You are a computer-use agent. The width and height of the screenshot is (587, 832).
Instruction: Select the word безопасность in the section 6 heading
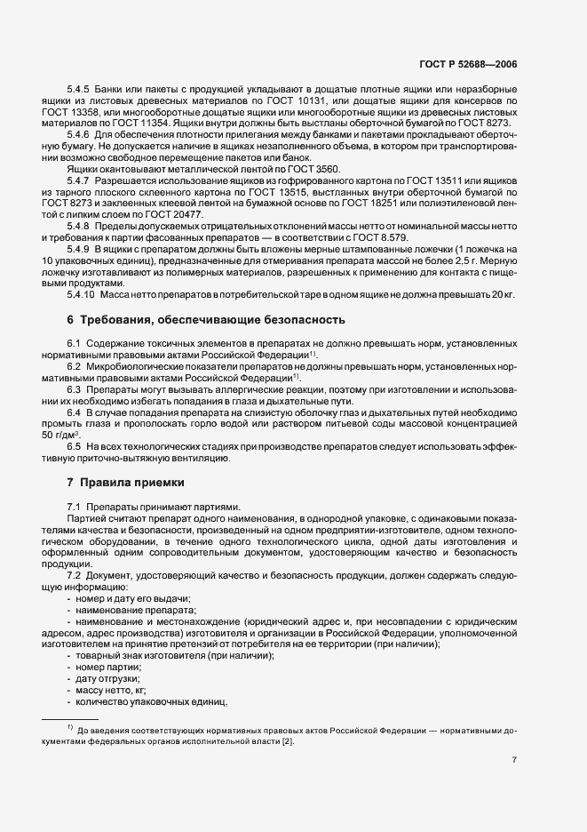pyautogui.click(x=297, y=319)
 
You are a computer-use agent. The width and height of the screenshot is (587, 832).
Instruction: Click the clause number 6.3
pyautogui.click(x=75, y=388)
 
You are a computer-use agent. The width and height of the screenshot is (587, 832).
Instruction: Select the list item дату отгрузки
pyautogui.click(x=109, y=678)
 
